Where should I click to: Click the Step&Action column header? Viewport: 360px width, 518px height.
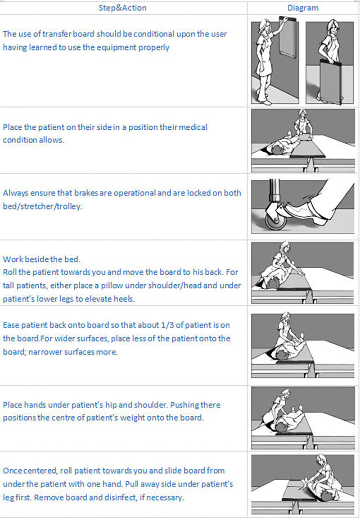[x=123, y=8]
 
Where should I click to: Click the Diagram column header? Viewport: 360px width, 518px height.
[x=303, y=8]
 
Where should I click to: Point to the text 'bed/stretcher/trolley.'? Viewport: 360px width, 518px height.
[x=42, y=207]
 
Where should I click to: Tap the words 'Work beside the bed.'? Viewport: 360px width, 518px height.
[x=41, y=259]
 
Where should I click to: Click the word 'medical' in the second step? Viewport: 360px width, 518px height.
[x=195, y=127]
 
